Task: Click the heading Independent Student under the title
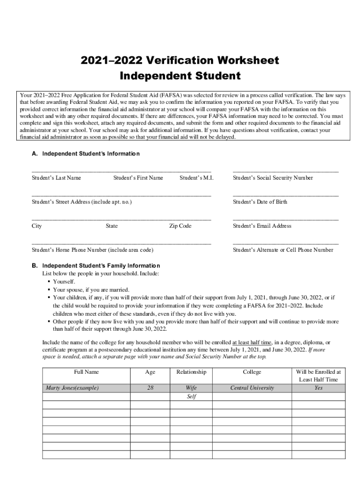[180, 76]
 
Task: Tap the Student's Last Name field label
[56, 178]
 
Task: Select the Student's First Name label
[138, 178]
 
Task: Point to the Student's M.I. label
[196, 178]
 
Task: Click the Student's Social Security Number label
[273, 178]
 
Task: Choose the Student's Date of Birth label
[260, 202]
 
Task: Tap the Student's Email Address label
[262, 226]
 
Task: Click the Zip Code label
[180, 226]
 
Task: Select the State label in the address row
[112, 226]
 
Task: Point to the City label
[36, 226]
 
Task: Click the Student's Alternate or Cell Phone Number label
[283, 250]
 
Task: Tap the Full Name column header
[86, 372]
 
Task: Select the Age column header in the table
[150, 372]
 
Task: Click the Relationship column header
[191, 372]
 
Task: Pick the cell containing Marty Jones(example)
[72, 388]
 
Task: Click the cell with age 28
[150, 388]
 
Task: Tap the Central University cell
[252, 388]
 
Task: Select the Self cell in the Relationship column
[191, 397]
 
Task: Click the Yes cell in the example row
[318, 388]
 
